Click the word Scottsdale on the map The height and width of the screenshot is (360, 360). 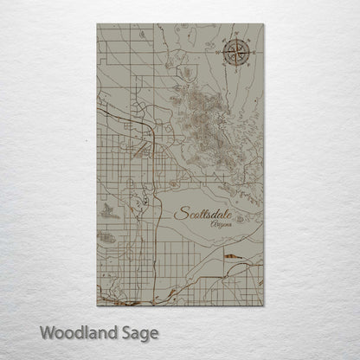click(x=207, y=213)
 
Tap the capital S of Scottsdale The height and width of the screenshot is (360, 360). click(x=180, y=213)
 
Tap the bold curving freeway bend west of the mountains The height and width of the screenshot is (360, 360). click(x=157, y=138)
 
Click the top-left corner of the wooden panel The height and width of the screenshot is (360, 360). click(x=96, y=25)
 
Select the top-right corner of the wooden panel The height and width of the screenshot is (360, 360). click(x=264, y=25)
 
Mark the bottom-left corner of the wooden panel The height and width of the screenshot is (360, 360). click(x=96, y=306)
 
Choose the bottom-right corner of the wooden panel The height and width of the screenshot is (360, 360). click(x=264, y=306)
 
